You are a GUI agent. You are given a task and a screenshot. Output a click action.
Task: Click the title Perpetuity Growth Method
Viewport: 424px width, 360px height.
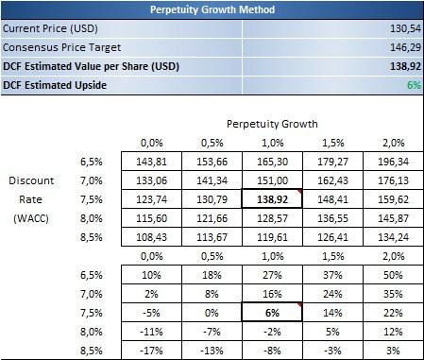212,9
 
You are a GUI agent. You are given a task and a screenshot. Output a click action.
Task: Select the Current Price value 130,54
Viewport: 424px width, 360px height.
405,28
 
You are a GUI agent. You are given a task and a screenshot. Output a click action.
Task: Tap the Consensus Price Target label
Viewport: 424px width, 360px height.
61,47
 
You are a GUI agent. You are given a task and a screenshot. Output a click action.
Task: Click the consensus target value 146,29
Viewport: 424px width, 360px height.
405,47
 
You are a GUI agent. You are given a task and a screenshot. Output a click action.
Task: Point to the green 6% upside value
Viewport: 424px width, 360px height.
414,85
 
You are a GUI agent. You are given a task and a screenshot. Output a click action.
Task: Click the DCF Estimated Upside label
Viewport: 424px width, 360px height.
55,85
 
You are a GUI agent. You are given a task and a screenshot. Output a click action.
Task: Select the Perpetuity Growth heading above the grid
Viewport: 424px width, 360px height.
272,124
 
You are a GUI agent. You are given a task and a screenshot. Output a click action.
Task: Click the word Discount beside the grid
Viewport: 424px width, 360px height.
31,180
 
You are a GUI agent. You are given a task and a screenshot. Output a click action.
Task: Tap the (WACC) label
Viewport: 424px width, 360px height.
31,218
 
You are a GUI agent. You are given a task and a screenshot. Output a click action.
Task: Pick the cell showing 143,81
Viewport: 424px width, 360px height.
151,162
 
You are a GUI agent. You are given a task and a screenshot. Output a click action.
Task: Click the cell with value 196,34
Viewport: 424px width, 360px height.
393,162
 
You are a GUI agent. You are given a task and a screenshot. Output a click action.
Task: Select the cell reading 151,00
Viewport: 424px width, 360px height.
272,180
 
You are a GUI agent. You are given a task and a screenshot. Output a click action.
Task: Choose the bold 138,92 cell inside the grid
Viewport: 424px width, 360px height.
272,199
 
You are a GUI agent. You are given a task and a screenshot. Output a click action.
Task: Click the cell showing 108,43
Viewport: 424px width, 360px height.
151,237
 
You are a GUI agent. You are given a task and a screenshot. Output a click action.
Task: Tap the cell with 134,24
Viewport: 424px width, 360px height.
393,237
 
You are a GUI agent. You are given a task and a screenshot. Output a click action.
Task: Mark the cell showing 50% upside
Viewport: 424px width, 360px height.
393,275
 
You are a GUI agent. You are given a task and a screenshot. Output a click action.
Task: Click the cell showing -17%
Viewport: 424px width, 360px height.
151,351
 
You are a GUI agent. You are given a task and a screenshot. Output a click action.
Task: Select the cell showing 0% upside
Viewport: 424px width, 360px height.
212,313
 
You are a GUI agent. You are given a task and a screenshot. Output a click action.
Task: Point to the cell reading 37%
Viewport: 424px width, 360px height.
332,275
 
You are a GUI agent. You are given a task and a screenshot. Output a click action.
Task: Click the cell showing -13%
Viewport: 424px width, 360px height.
212,351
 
